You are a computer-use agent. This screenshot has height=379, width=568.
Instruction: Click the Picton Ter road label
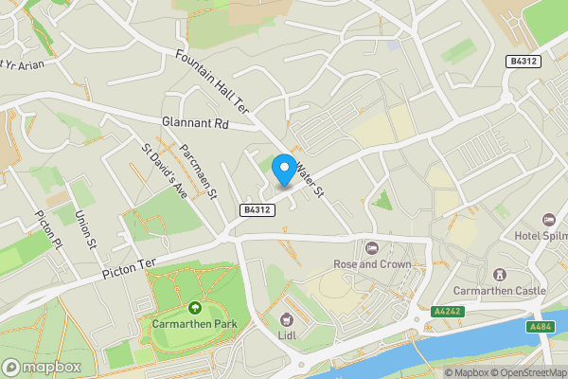tap(133, 265)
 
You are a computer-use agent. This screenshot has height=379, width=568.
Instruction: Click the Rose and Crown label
tap(372, 264)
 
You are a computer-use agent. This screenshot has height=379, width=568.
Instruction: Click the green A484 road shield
tap(541, 326)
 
